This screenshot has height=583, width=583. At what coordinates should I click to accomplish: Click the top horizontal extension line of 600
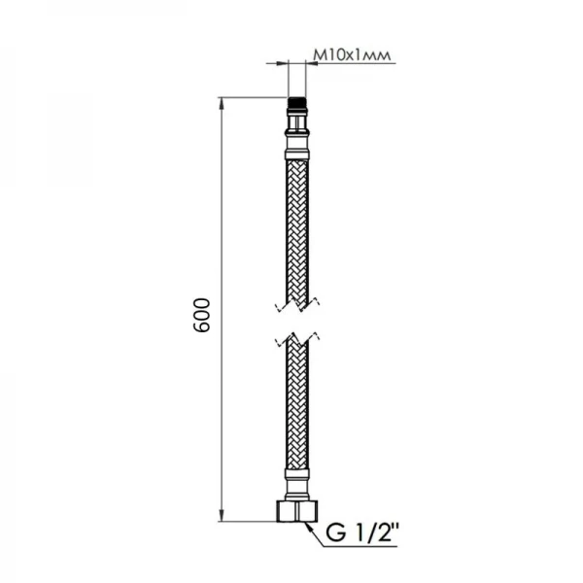point(253,97)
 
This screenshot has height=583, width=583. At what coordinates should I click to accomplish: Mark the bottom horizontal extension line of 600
point(253,522)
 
